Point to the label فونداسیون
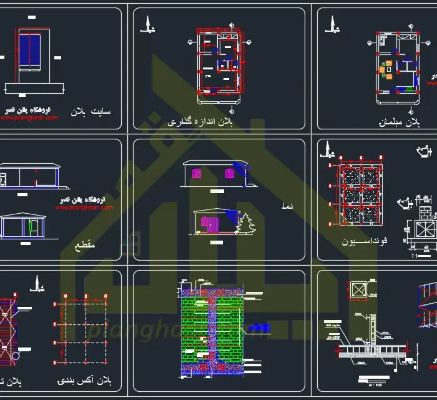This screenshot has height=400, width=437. [x=365, y=241]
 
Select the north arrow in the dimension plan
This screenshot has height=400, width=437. [x=149, y=25]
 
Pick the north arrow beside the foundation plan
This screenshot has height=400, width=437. [x=325, y=148]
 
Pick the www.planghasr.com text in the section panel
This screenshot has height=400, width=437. [x=85, y=207]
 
